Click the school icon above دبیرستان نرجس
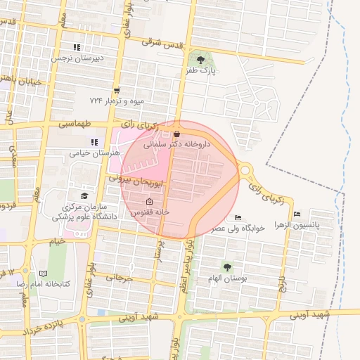click(x=77, y=47)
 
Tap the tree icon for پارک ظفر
click(x=202, y=58)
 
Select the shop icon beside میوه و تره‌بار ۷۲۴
click(x=116, y=90)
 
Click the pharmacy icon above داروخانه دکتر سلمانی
click(x=176, y=134)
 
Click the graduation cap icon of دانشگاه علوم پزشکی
click(x=84, y=196)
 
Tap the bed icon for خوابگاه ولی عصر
click(x=238, y=217)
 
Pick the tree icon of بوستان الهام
click(x=226, y=266)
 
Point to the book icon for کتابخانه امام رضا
click(x=44, y=273)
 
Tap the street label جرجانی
click(x=119, y=278)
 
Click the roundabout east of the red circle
click(x=245, y=169)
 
